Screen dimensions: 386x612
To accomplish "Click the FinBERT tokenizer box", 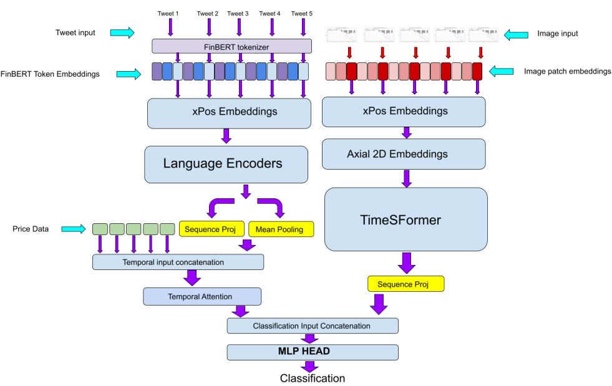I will (232, 46).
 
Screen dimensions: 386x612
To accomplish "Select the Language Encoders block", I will (227, 164).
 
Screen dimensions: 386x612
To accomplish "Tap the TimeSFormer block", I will (405, 220).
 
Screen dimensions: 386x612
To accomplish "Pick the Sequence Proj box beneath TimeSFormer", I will (406, 284).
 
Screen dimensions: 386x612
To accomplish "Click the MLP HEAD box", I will (312, 352).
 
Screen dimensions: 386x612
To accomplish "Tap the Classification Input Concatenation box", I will (312, 325).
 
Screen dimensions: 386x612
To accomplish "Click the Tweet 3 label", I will (238, 13).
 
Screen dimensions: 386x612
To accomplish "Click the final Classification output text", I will (312, 378).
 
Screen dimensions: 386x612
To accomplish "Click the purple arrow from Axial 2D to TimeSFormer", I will (406, 180).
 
